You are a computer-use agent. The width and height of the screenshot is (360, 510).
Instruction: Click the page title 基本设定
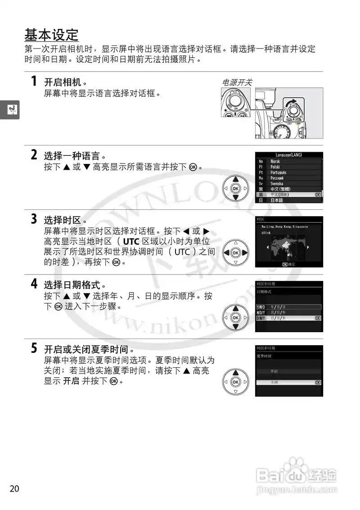click(x=51, y=35)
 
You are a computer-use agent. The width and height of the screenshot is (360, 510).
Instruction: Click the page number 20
click(x=14, y=489)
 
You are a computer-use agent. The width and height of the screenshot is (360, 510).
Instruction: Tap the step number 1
click(x=34, y=81)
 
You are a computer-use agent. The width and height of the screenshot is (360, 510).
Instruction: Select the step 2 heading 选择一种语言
click(x=74, y=156)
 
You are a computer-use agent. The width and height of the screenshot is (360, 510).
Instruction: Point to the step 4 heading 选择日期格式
click(x=75, y=285)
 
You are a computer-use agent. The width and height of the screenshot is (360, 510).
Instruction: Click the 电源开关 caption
click(x=237, y=82)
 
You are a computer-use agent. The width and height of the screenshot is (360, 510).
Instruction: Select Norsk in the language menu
click(x=275, y=161)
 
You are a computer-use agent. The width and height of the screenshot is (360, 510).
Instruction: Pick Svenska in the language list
click(x=277, y=184)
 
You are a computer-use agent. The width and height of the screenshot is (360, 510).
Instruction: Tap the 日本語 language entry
click(x=277, y=200)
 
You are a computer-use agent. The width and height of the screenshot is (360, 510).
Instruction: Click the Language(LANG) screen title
click(x=289, y=155)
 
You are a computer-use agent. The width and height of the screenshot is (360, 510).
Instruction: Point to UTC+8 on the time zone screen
click(x=266, y=233)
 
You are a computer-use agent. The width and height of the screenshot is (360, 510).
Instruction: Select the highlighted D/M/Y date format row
click(x=288, y=318)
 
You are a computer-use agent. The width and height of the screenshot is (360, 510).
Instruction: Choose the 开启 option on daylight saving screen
click(x=274, y=371)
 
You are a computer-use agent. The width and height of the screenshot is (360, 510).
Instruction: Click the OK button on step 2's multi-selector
click(x=235, y=188)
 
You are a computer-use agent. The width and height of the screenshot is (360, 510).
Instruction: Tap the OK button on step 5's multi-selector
click(x=235, y=382)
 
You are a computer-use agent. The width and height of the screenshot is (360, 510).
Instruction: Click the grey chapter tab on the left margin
click(x=9, y=108)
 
